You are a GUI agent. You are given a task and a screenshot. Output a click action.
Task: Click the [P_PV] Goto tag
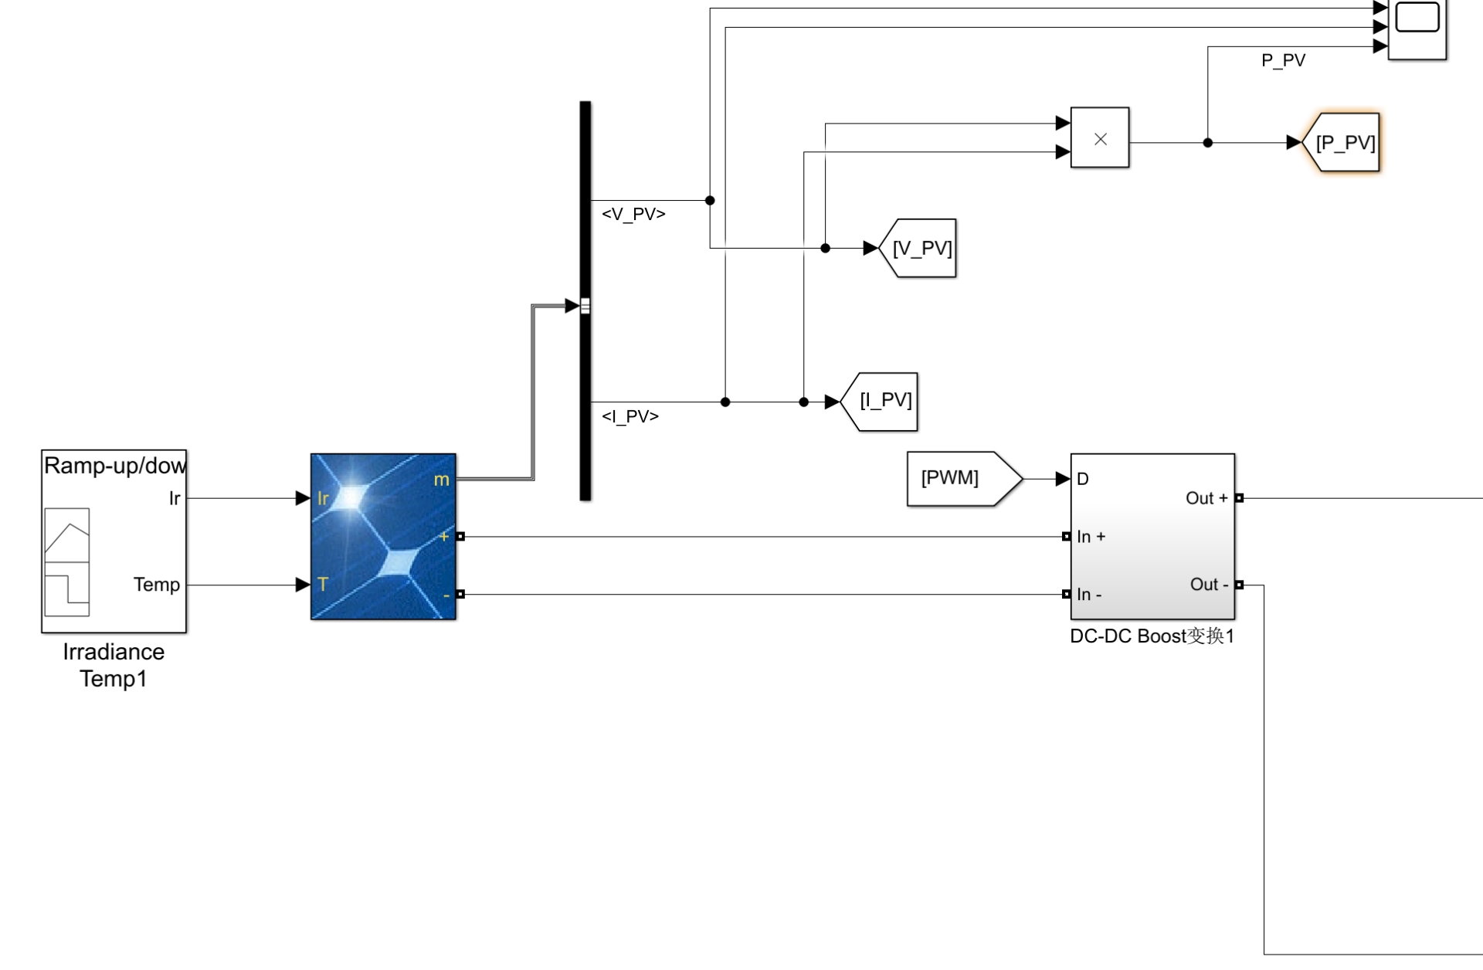[x=1341, y=143]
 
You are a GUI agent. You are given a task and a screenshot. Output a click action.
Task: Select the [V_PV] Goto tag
[x=918, y=248]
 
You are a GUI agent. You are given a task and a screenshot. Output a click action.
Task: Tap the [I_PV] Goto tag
[x=879, y=402]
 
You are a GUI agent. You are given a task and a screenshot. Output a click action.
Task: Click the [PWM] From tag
[x=965, y=479]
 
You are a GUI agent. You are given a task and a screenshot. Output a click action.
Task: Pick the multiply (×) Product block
[x=1100, y=137]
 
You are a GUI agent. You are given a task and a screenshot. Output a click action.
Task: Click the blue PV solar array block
[x=383, y=537]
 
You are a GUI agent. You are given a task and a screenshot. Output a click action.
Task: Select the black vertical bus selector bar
[x=585, y=301]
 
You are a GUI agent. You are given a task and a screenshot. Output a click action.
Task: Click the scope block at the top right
[x=1417, y=29]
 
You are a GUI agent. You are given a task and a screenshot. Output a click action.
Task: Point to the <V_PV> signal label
[x=633, y=214]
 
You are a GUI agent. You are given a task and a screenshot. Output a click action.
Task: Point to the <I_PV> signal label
[x=630, y=416]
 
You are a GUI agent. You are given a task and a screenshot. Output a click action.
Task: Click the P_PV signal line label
[x=1283, y=60]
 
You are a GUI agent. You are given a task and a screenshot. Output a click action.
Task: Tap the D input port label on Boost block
[x=1083, y=479]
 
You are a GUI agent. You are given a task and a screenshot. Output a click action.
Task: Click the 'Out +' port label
[x=1206, y=498]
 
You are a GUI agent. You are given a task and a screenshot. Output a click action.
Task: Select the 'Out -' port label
[x=1209, y=585]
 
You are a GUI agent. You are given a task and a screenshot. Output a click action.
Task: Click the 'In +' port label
[x=1091, y=537]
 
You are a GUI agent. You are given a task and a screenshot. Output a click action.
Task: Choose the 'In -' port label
[x=1090, y=595]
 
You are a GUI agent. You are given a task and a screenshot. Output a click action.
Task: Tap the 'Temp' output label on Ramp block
[x=157, y=585]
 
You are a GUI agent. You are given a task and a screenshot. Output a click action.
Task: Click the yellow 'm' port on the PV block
[x=442, y=480]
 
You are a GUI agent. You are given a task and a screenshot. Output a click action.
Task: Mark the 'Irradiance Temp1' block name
[x=114, y=665]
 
